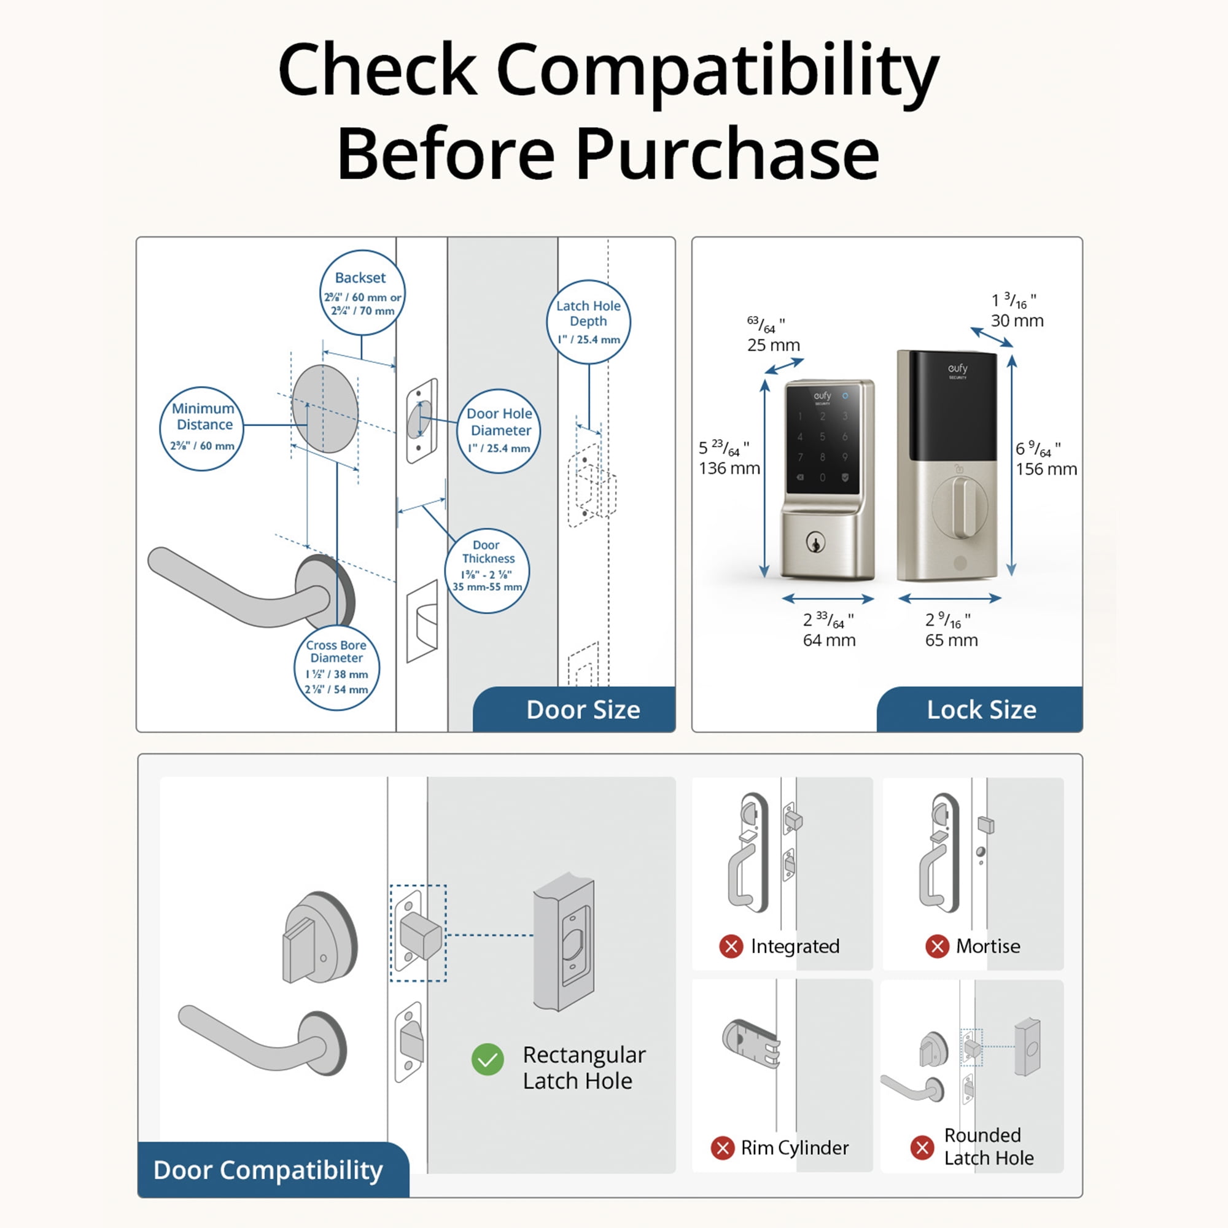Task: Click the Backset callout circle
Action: click(x=362, y=293)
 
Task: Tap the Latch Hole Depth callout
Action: click(x=589, y=322)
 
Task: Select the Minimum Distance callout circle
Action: click(x=202, y=429)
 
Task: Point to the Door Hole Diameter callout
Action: click(x=499, y=431)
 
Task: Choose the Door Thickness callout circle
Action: click(x=488, y=570)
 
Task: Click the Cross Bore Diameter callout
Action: click(x=337, y=667)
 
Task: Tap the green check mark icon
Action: click(x=488, y=1060)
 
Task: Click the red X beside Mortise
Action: click(x=937, y=946)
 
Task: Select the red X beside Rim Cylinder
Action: click(x=723, y=1148)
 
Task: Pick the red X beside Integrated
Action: click(x=731, y=946)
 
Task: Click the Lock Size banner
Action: click(x=981, y=710)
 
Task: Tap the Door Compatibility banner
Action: click(x=268, y=1170)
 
